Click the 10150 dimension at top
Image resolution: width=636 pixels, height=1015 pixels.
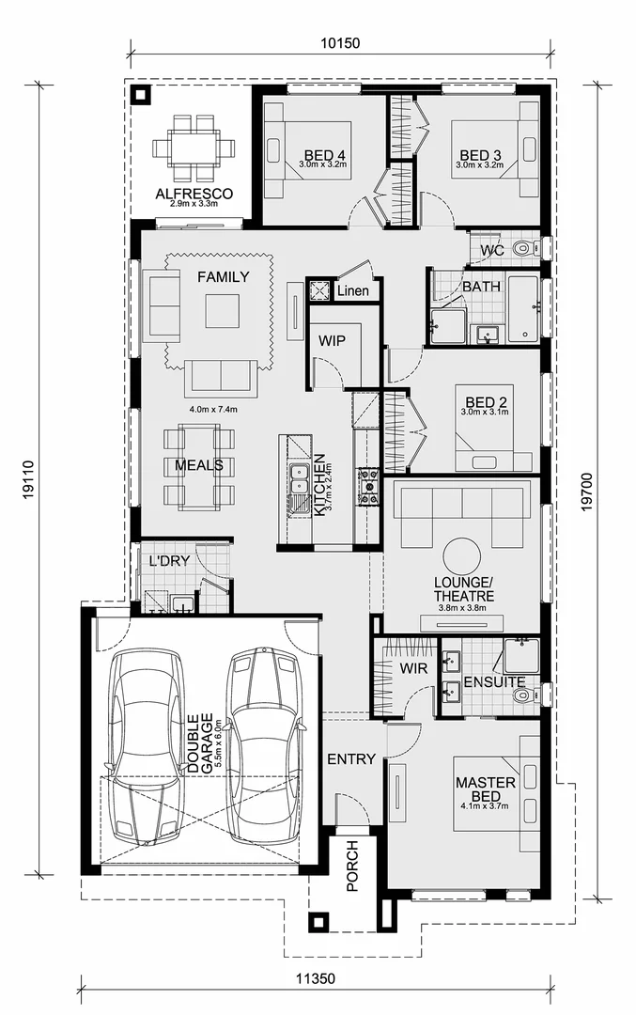point(341,43)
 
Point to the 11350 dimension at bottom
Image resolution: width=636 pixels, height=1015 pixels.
point(315,978)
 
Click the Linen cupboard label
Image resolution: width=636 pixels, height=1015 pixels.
point(353,290)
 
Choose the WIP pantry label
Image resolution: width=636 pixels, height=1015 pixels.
point(334,339)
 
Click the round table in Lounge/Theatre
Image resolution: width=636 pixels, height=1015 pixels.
point(462,555)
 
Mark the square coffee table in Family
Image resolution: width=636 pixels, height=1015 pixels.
point(223,311)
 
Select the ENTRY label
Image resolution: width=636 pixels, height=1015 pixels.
point(351,758)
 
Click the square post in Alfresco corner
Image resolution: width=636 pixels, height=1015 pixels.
point(141,95)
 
